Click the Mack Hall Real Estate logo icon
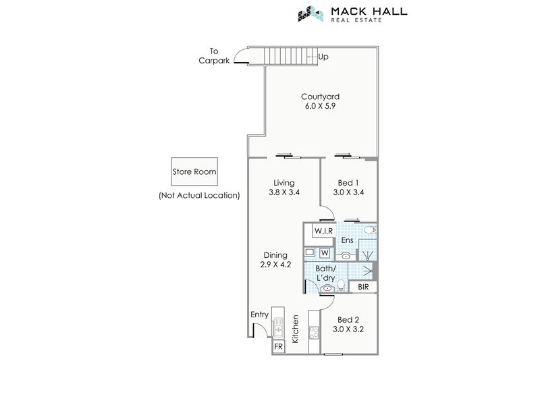(311, 13)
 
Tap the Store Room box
(194, 171)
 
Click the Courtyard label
(320, 97)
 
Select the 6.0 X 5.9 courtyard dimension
(320, 106)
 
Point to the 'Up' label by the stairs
(323, 57)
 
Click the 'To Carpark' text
(214, 56)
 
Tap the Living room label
(284, 183)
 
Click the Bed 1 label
(348, 183)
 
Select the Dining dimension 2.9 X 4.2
(275, 265)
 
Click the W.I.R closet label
(324, 231)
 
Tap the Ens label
(347, 240)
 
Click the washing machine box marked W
(325, 253)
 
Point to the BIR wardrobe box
(363, 287)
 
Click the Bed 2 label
(348, 320)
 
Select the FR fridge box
(278, 346)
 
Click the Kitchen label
(296, 329)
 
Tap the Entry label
(259, 315)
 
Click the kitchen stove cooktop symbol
(314, 333)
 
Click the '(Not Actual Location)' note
(199, 196)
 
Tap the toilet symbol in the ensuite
(370, 230)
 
